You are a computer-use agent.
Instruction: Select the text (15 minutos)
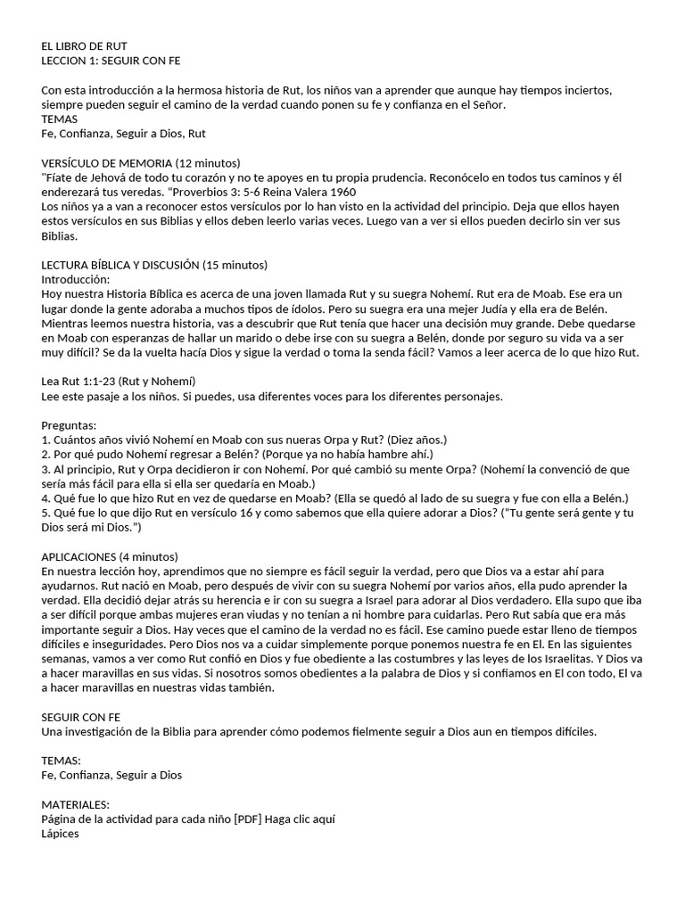pos(235,265)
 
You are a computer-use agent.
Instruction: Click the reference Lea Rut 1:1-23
pos(79,382)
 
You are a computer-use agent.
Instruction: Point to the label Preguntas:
pos(69,425)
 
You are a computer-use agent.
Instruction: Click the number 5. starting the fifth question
pos(46,513)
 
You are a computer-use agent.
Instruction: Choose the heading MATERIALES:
pos(76,803)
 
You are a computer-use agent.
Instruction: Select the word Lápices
pos(61,833)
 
